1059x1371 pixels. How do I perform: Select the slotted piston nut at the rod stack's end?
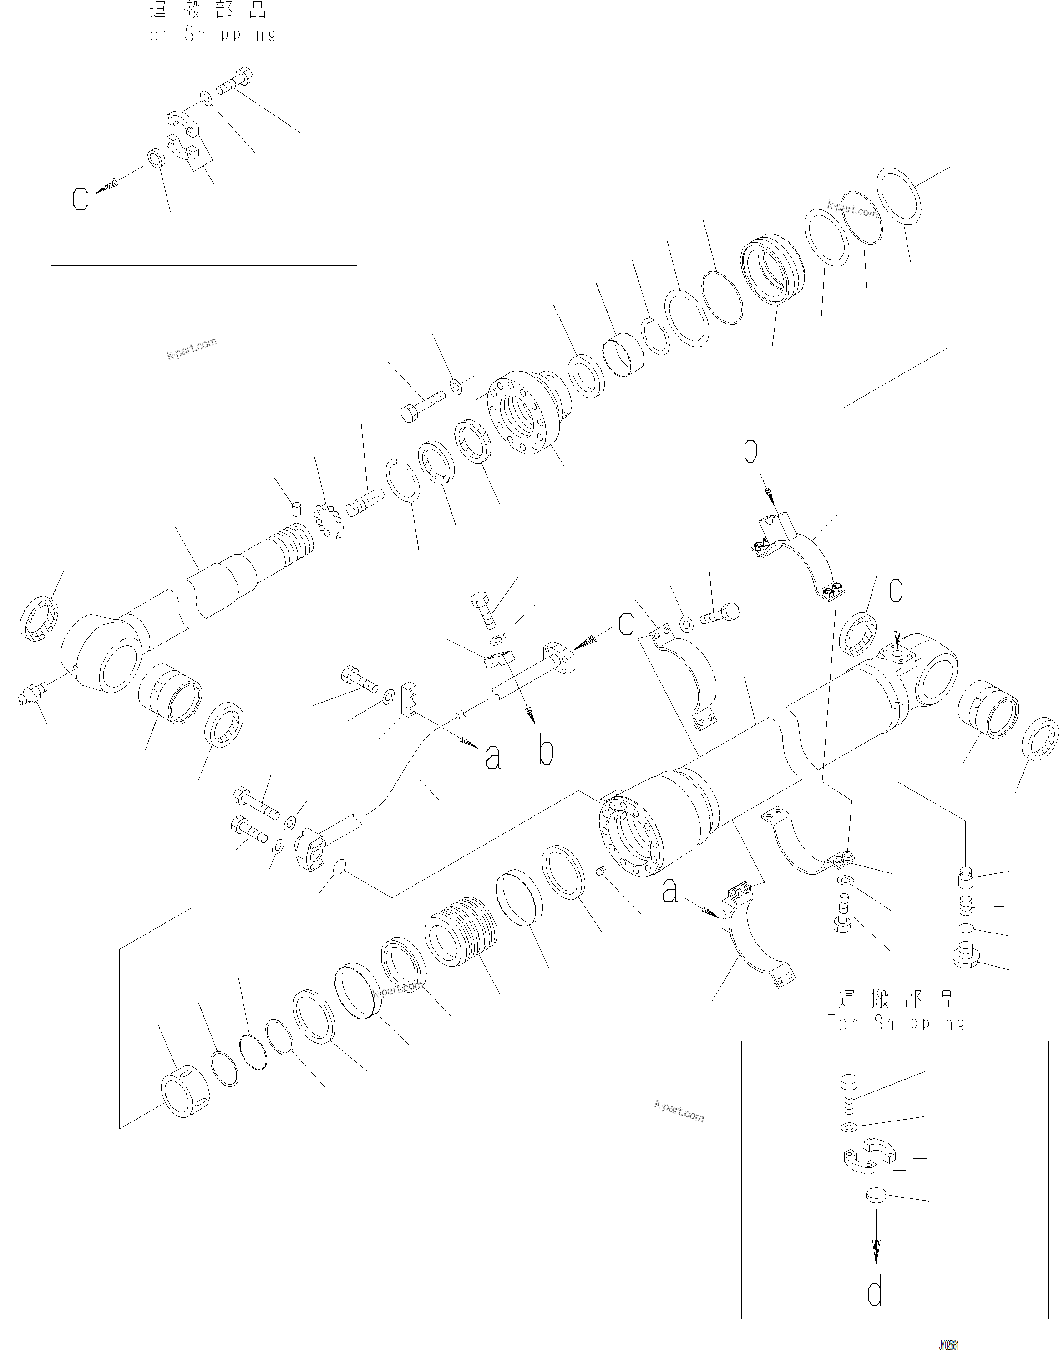pyautogui.click(x=185, y=1091)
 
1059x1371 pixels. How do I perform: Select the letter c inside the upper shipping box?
pyautogui.click(x=80, y=199)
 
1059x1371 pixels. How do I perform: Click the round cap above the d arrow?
pyautogui.click(x=876, y=1195)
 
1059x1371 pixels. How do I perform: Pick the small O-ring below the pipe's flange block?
pyautogui.click(x=338, y=867)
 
